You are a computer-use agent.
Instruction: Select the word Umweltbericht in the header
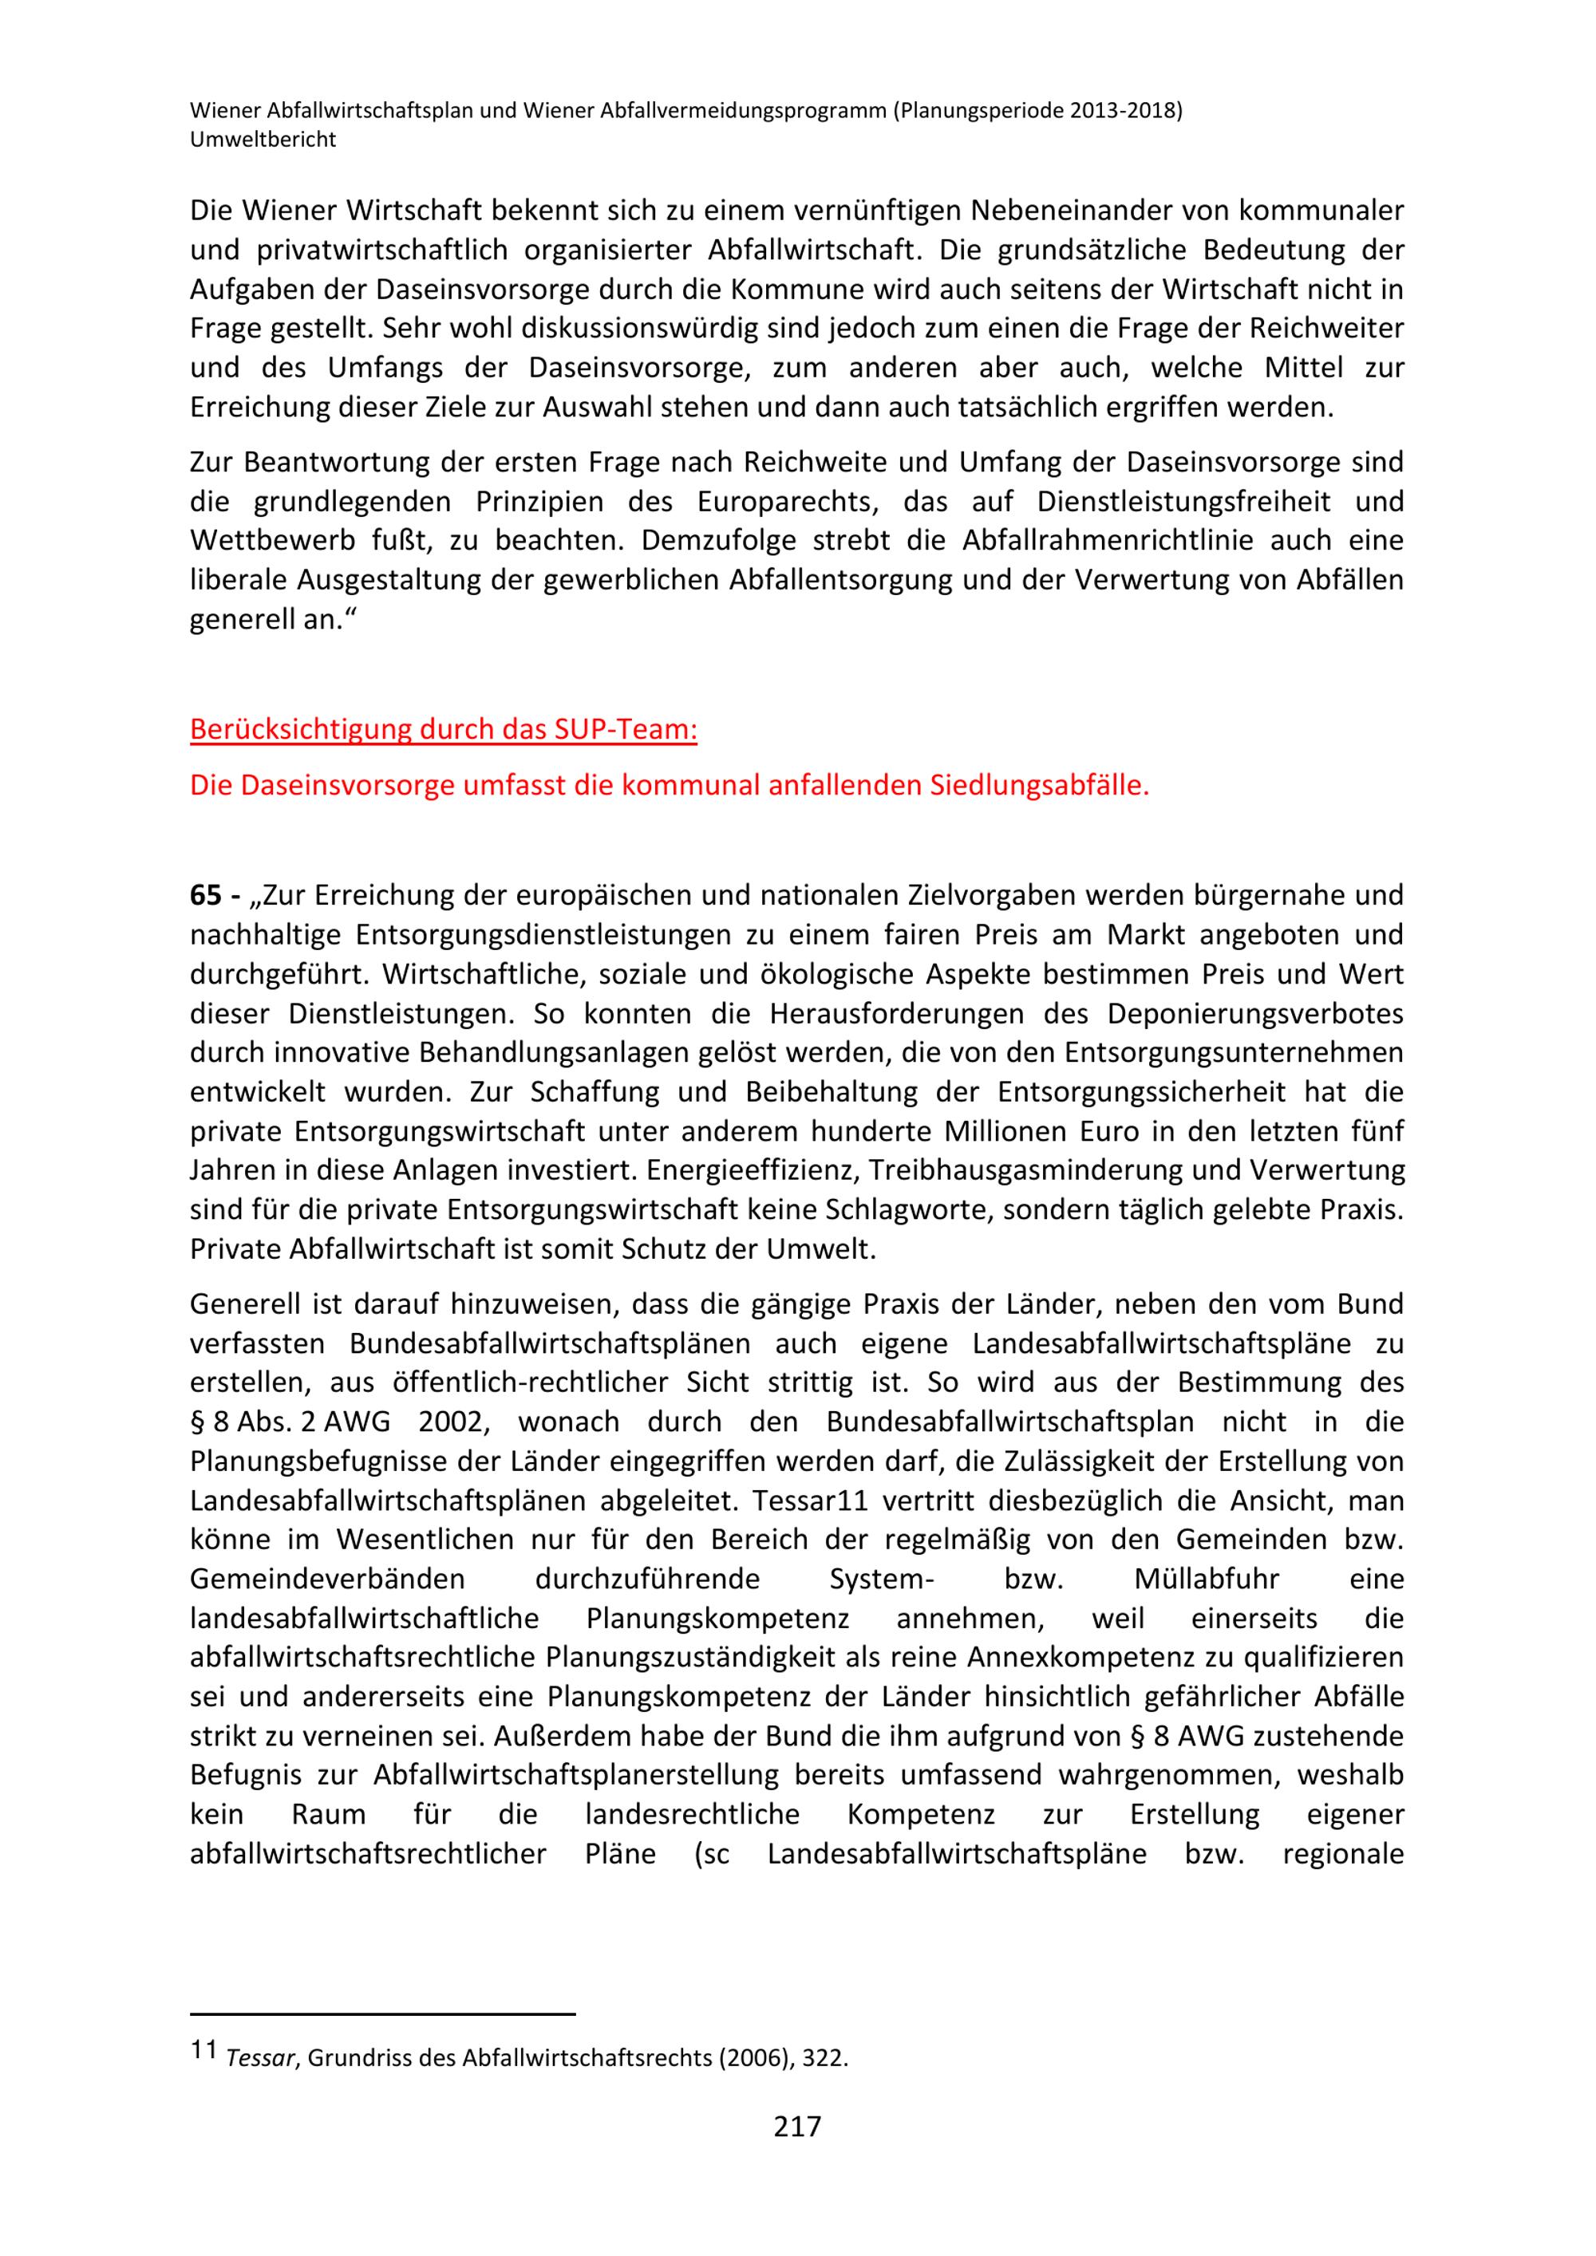click(263, 140)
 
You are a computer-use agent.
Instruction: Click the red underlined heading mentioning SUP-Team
click(443, 729)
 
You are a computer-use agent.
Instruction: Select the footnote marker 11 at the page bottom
click(203, 2049)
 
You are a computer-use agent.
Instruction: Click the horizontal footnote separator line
click(382, 2013)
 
